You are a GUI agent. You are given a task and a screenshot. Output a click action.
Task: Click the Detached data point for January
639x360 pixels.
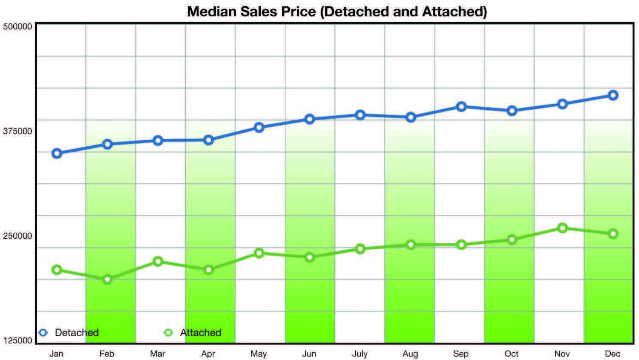(x=57, y=153)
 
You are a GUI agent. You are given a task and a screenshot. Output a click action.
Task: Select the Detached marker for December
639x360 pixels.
(x=613, y=95)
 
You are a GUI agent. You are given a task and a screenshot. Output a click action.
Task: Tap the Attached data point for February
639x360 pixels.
(x=107, y=279)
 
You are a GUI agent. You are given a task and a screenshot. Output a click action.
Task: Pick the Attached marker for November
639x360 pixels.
(x=562, y=228)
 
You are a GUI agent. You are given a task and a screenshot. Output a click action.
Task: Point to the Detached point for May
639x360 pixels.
(x=259, y=127)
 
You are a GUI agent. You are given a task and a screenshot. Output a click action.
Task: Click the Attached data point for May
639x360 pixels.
(x=259, y=253)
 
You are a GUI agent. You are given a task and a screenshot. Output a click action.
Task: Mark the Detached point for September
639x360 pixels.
(x=461, y=107)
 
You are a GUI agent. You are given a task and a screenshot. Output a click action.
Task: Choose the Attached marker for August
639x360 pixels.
(x=411, y=245)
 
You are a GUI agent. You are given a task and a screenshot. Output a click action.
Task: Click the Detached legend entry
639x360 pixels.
(x=69, y=333)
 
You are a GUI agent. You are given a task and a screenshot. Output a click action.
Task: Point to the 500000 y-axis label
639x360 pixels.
(x=18, y=26)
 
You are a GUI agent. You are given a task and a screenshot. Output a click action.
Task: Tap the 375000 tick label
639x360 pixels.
(x=18, y=131)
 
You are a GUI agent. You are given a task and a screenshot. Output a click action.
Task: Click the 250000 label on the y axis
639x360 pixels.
(x=18, y=236)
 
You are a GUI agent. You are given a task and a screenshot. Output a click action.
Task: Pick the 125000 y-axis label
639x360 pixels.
(x=18, y=340)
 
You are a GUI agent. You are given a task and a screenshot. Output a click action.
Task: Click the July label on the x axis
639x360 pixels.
(x=360, y=354)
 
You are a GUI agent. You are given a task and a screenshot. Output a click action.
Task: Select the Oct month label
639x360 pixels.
(x=512, y=354)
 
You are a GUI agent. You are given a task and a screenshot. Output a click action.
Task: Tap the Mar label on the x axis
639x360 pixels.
(x=158, y=354)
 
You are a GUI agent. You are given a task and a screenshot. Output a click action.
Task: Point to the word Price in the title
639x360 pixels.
(x=298, y=12)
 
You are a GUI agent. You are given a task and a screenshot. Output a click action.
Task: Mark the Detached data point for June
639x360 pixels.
(x=309, y=119)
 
